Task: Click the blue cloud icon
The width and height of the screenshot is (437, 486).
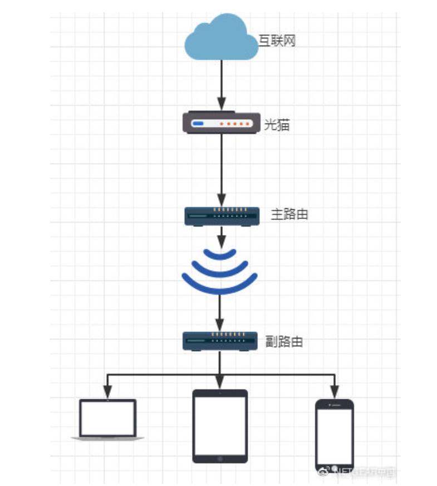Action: click(220, 39)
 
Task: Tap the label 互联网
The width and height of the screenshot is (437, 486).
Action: click(277, 41)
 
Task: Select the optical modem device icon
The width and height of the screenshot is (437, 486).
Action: click(221, 123)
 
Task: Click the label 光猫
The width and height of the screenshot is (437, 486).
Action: click(277, 125)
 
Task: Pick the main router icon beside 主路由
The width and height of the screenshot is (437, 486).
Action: click(222, 216)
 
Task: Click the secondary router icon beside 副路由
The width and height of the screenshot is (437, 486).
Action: click(220, 341)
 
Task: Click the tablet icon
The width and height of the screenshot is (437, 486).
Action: click(220, 426)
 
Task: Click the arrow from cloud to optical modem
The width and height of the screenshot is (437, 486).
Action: click(222, 84)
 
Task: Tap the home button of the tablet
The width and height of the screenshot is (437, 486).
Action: click(220, 459)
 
